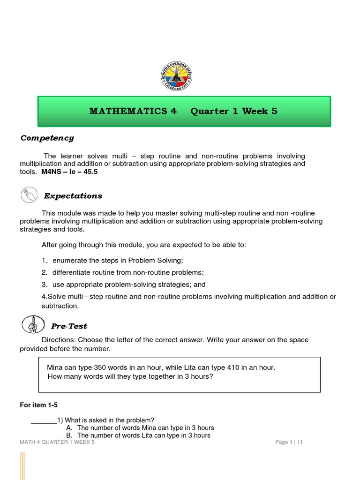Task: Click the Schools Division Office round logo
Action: [176, 76]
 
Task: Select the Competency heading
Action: [47, 138]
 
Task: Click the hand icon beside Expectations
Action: [29, 195]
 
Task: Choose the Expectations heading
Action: [73, 196]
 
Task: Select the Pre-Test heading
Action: [69, 326]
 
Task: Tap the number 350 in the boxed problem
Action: [102, 367]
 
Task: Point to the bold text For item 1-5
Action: [38, 405]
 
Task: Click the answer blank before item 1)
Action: [43, 420]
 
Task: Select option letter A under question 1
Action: [69, 428]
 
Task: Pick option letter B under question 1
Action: [69, 435]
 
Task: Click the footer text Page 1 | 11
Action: [289, 442]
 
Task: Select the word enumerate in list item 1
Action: [69, 260]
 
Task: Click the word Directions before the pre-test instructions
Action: [58, 340]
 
